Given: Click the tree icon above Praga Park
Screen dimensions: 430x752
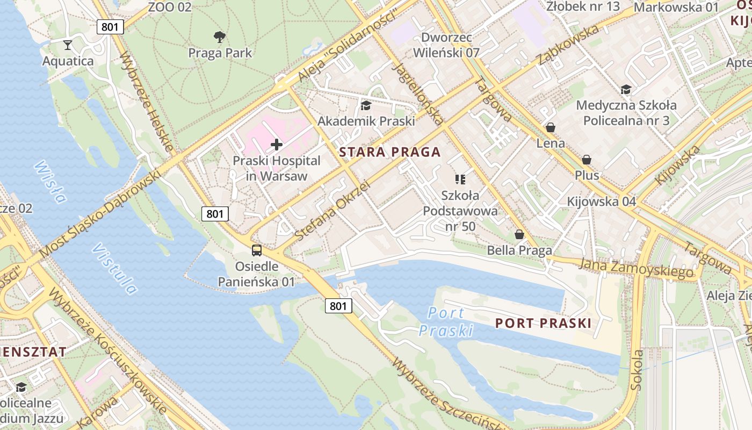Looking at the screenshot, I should (x=219, y=37).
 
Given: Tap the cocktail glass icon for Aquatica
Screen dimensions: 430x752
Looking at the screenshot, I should (x=68, y=45).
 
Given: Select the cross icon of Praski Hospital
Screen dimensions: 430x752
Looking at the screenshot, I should (x=277, y=145).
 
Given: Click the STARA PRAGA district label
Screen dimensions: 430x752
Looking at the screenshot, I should (x=390, y=152).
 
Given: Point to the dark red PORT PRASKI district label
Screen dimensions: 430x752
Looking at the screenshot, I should (x=543, y=323).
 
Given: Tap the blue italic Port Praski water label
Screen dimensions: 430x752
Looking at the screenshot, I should (x=446, y=321).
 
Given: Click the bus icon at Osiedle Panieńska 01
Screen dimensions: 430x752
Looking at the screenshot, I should (x=257, y=250).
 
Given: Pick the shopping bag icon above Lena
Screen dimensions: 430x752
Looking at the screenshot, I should (x=550, y=127).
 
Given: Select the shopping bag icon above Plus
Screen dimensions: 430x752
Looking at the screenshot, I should (x=587, y=160).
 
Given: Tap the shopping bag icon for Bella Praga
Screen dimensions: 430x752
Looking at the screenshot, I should (x=519, y=234).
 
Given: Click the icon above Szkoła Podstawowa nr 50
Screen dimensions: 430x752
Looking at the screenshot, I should (x=460, y=179).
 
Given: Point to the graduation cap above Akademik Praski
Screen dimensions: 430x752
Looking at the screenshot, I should (x=366, y=105).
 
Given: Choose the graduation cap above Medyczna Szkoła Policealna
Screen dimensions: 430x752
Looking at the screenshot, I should (x=626, y=89).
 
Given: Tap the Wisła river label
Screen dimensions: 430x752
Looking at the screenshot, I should (x=50, y=182).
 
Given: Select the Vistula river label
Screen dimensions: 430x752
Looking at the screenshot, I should (x=114, y=269).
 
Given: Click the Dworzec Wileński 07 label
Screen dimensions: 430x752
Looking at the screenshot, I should (x=450, y=45).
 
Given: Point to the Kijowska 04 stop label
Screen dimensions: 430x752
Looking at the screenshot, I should (x=602, y=202).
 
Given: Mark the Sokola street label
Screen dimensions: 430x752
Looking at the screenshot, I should (x=637, y=370).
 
